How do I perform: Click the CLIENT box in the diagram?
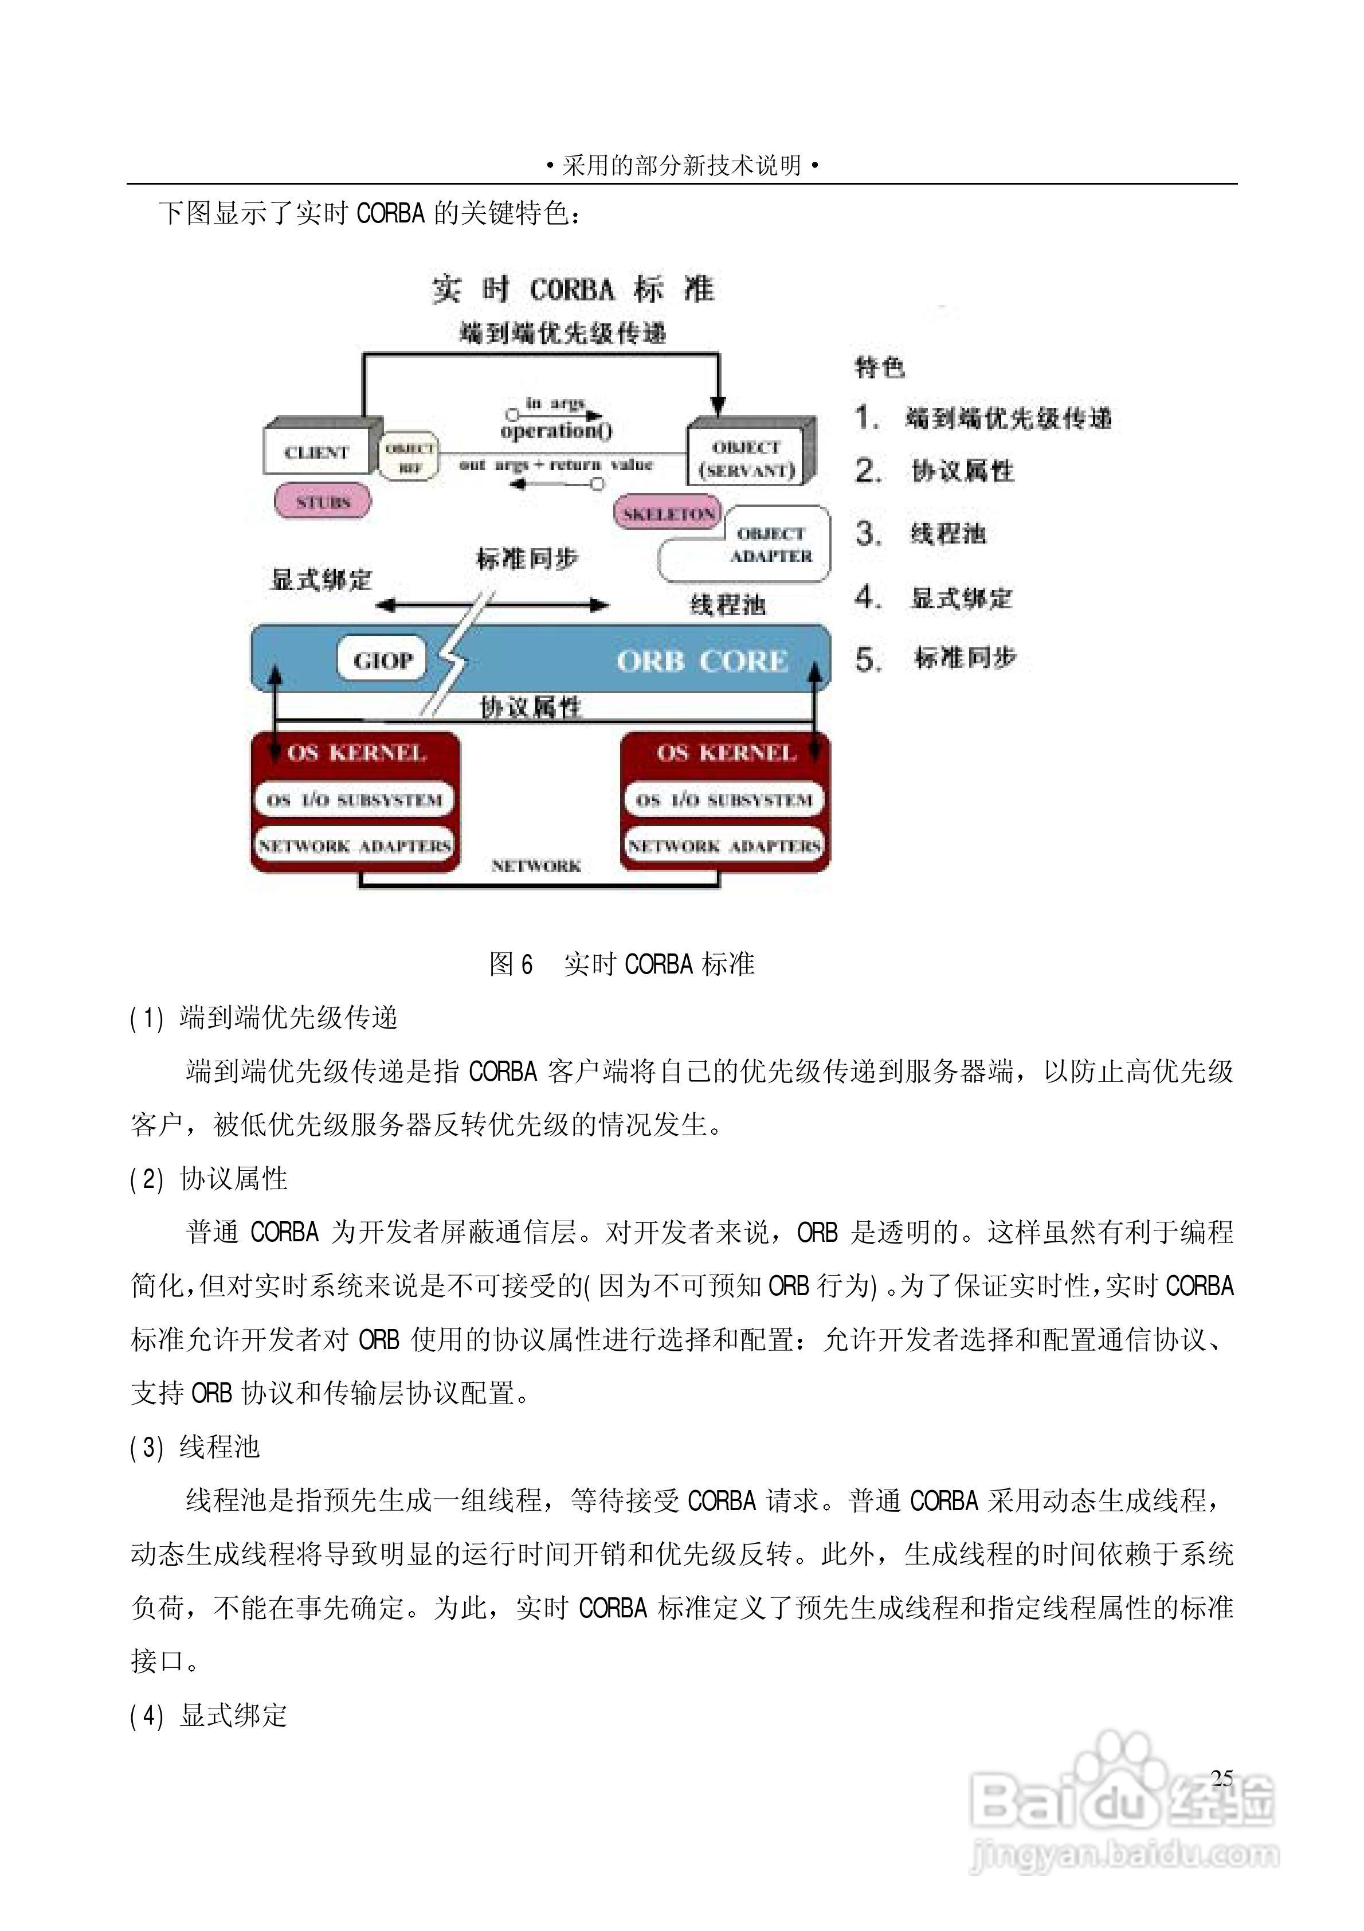[317, 452]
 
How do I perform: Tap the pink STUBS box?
[322, 502]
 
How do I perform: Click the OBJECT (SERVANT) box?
[747, 458]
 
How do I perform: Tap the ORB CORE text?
[702, 661]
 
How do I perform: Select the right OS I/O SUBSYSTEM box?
[724, 800]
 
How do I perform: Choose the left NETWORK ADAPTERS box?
[354, 845]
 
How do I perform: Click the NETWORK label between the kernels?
[536, 865]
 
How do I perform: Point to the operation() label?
[556, 431]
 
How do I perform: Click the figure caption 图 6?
[511, 964]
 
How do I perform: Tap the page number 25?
[1221, 1778]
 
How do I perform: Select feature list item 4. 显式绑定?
[934, 598]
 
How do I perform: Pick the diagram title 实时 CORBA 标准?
[573, 290]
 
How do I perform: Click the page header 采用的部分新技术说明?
[681, 165]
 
